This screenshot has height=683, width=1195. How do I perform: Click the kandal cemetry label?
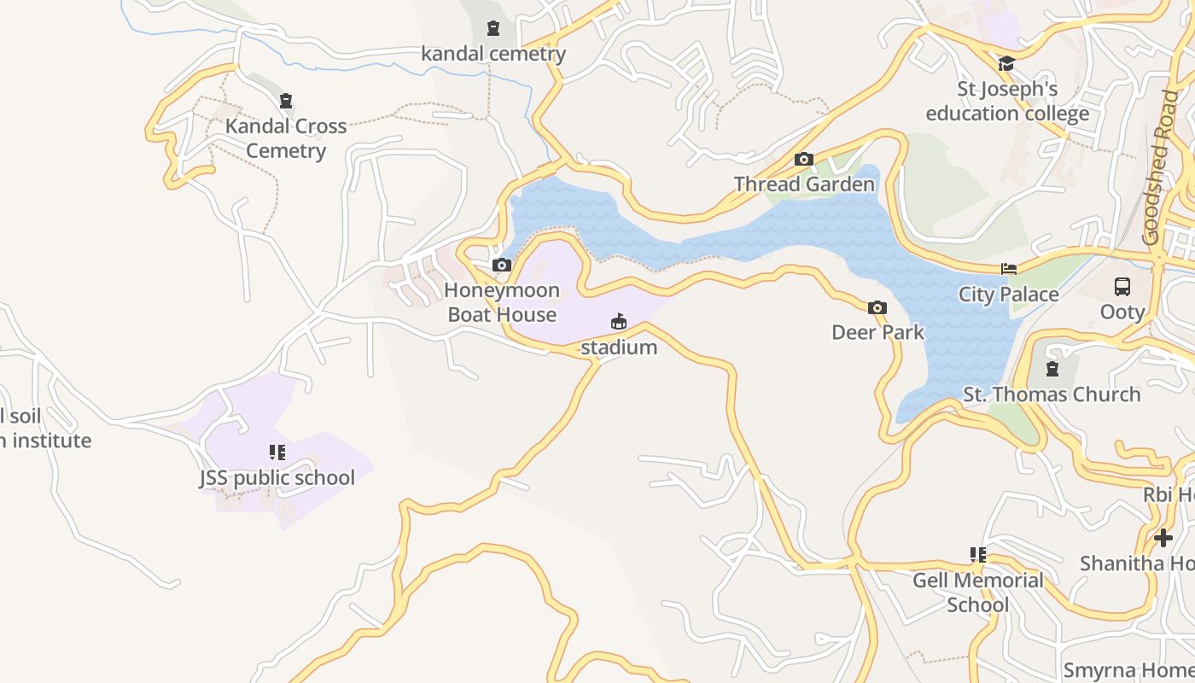click(493, 54)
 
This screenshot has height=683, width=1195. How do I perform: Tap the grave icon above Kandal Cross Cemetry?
click(286, 101)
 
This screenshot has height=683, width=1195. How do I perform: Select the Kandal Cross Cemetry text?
click(286, 138)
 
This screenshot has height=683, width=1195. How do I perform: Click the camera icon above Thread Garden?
click(803, 159)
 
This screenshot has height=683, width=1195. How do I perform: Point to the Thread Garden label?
click(804, 184)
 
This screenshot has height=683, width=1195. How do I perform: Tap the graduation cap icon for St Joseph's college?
click(1006, 64)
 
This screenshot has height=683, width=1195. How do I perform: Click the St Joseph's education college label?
click(1007, 102)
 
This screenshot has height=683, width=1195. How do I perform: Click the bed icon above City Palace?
click(1008, 269)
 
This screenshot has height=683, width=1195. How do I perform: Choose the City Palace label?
click(1008, 295)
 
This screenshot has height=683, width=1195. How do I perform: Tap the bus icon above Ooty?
click(1122, 287)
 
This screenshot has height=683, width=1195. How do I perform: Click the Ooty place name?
click(1122, 312)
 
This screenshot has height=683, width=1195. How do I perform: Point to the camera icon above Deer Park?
click(877, 307)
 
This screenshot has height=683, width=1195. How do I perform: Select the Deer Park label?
click(877, 332)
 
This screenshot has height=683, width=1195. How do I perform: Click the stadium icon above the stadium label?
click(619, 322)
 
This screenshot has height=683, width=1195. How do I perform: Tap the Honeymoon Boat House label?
click(502, 302)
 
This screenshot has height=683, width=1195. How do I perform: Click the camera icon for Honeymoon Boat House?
click(502, 266)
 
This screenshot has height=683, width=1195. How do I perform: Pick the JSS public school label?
click(277, 477)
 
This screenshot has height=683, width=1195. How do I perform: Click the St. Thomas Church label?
click(1052, 394)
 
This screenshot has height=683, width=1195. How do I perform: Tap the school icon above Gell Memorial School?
click(978, 555)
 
